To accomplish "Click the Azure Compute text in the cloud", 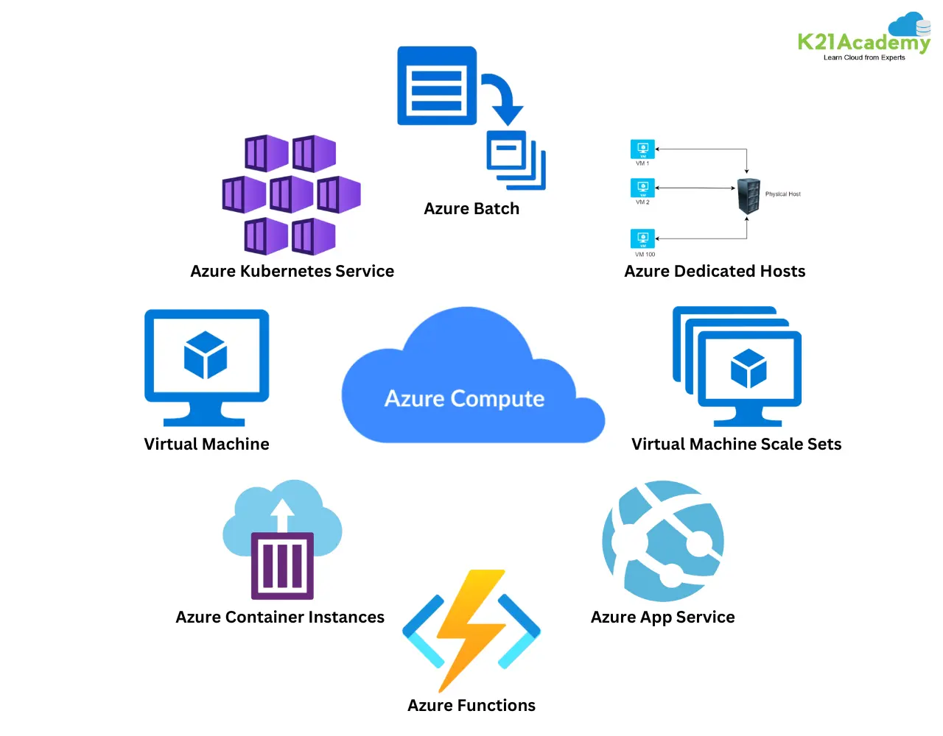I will click(464, 398).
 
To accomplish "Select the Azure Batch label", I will click(471, 209).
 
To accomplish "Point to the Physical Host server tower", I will click(749, 196).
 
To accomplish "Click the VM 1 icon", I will click(642, 149).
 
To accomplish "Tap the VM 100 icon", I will click(642, 239).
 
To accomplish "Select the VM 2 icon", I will click(642, 188).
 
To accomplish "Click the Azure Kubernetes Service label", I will click(292, 272).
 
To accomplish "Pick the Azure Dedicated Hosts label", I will click(715, 272).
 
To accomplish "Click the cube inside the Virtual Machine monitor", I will click(206, 355).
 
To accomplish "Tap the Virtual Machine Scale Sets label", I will click(736, 445).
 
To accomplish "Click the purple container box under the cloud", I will click(282, 565).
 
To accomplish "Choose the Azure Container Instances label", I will click(280, 618).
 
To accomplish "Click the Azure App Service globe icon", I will click(663, 541).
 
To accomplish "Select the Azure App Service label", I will click(662, 618).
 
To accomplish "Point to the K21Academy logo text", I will click(863, 42).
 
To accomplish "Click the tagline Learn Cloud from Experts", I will click(864, 57).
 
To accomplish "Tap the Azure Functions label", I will click(471, 706).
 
